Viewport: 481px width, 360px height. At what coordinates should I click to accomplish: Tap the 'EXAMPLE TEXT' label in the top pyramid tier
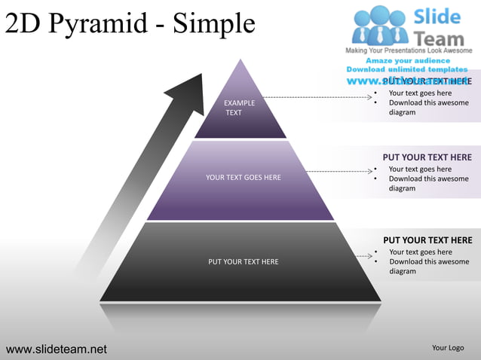click(x=239, y=108)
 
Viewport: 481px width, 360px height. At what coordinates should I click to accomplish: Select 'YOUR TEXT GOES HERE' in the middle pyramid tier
click(x=243, y=178)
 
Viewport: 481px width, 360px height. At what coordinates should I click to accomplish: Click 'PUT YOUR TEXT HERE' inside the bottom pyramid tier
click(x=243, y=262)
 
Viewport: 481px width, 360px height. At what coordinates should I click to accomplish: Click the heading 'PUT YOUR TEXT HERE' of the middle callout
click(x=427, y=157)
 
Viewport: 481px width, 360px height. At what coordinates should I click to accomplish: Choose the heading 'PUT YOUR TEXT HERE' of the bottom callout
click(x=427, y=240)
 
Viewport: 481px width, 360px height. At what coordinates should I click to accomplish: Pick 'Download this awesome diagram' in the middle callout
click(x=427, y=183)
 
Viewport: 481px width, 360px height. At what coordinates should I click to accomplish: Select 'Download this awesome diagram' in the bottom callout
click(x=427, y=266)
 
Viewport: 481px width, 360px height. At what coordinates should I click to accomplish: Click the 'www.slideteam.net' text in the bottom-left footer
click(x=57, y=349)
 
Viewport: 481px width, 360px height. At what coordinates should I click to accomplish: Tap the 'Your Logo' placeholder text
click(x=448, y=348)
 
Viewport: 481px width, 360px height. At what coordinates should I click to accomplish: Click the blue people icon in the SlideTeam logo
click(x=380, y=24)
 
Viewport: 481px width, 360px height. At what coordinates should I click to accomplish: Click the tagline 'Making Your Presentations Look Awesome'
click(x=409, y=50)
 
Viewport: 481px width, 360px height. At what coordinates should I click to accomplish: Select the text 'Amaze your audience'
click(x=408, y=60)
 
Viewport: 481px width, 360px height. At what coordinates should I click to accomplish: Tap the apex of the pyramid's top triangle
click(x=240, y=60)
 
